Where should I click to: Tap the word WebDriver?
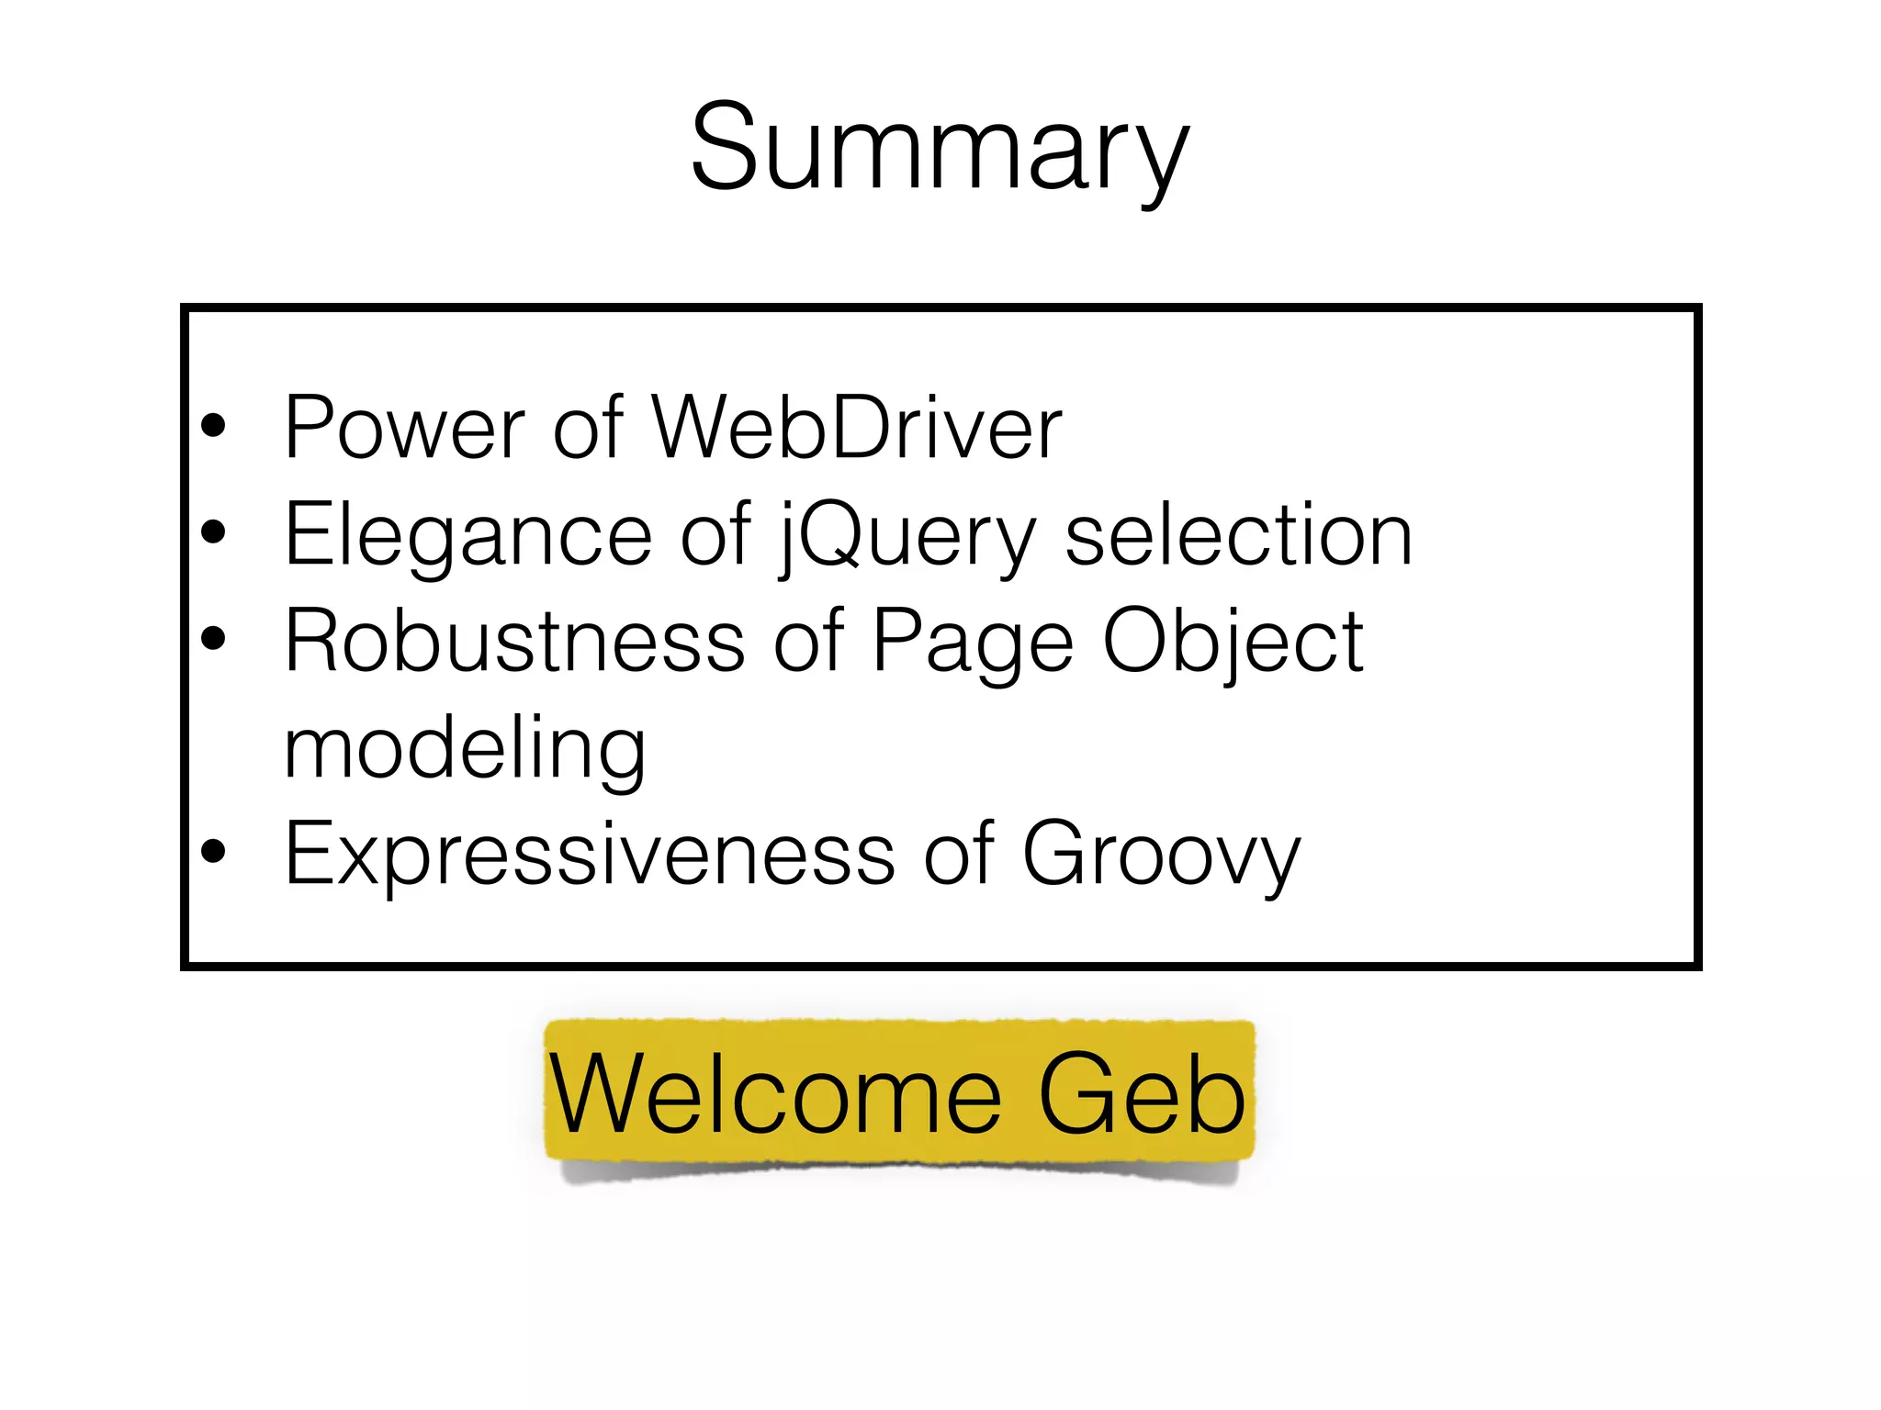pos(856,428)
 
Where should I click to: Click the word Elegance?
pos(468,536)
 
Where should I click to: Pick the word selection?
pos(1238,536)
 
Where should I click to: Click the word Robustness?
pos(514,642)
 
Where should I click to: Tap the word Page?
pos(973,642)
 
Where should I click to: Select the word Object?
pos(1233,642)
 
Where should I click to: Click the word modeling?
pos(465,749)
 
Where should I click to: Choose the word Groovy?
pos(1161,855)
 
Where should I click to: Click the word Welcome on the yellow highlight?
pos(775,1094)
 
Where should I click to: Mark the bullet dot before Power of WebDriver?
pos(213,426)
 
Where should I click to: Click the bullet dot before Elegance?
pos(213,532)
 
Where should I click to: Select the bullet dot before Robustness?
pos(213,639)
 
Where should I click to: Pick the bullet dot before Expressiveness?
pos(213,852)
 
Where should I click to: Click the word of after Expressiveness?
pos(958,855)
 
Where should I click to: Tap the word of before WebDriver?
pos(588,428)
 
